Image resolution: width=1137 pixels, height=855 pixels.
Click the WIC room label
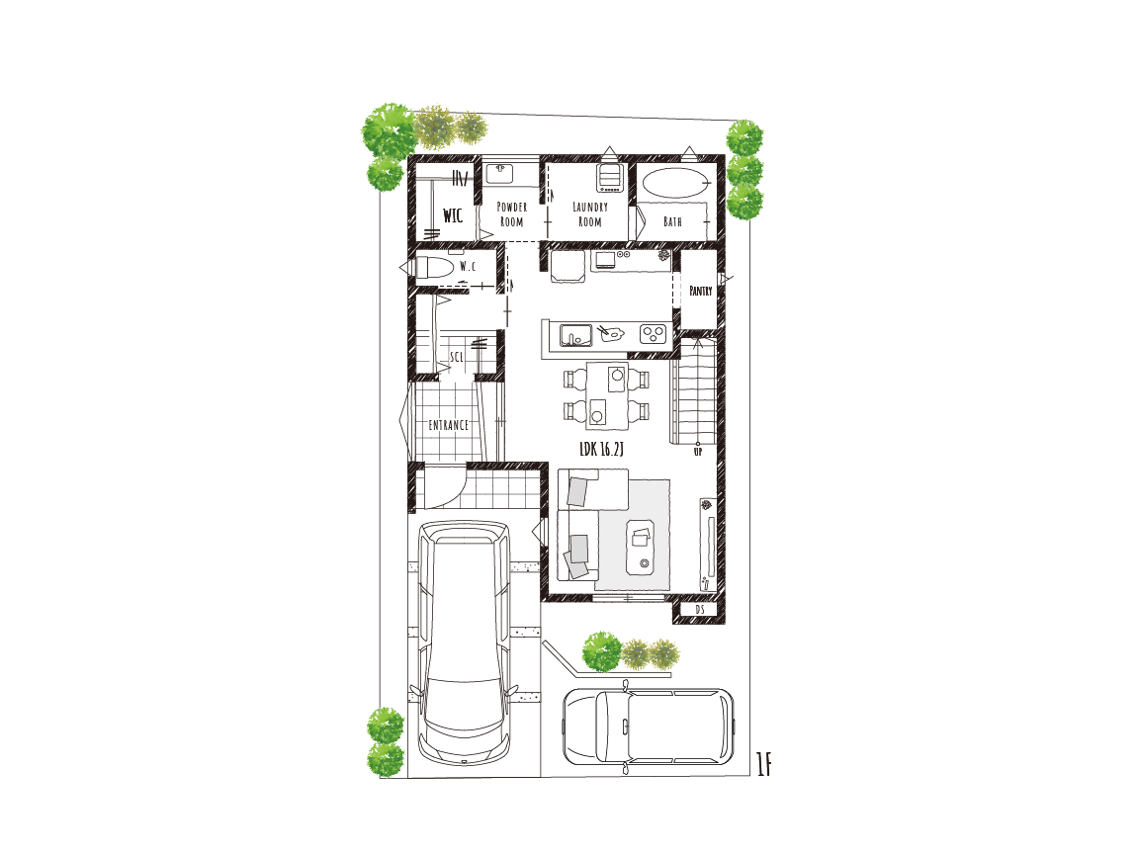tap(453, 214)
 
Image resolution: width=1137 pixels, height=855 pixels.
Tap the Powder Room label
tap(511, 214)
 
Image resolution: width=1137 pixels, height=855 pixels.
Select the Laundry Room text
tap(590, 214)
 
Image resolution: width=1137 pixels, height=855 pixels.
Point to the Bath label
tap(673, 221)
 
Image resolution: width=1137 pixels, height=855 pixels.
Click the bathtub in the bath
tap(674, 183)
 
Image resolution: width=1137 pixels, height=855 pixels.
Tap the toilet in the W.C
tap(434, 267)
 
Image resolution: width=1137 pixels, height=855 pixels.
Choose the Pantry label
tap(700, 291)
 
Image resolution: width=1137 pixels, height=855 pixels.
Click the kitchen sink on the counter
tap(575, 335)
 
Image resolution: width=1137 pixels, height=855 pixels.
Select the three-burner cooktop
tap(653, 333)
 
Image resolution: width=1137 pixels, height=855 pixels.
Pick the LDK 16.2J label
tap(601, 449)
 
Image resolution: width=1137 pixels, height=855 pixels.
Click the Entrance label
tap(448, 425)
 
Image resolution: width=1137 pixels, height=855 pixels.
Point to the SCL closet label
tap(456, 357)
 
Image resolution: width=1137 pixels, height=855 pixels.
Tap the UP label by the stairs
tap(698, 452)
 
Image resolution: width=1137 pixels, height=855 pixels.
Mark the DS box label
tap(700, 610)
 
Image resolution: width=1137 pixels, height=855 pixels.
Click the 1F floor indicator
tap(763, 764)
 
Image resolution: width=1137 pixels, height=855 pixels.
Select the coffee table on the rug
tap(641, 548)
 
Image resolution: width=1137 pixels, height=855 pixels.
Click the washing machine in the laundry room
tap(611, 178)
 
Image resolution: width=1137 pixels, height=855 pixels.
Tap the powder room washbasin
tap(499, 173)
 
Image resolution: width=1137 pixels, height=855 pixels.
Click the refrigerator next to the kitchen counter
tap(568, 266)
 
